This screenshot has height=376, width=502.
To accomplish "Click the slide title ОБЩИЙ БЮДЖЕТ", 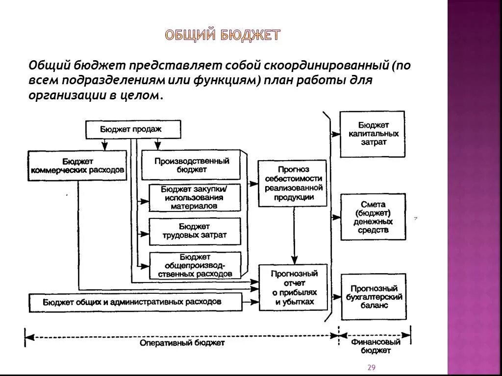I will (223, 36).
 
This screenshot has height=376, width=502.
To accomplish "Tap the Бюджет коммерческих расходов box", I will (77, 165).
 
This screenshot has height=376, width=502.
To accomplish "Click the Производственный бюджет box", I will (191, 165).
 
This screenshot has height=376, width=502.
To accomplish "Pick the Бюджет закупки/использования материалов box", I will (195, 197).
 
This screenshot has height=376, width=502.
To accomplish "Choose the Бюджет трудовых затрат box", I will (195, 231).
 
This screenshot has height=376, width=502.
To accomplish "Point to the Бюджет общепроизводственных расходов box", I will (195, 265).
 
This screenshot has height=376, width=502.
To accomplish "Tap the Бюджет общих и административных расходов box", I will (135, 302).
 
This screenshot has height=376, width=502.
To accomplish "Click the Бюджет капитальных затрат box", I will (373, 134).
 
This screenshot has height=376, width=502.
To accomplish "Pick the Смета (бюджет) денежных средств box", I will (373, 217).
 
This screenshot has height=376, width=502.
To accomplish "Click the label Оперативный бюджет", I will (182, 343).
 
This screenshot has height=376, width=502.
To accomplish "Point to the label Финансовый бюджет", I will (376, 346).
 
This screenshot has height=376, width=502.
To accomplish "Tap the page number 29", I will (371, 368).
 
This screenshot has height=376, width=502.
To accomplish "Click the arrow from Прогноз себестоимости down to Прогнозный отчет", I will (294, 235).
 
